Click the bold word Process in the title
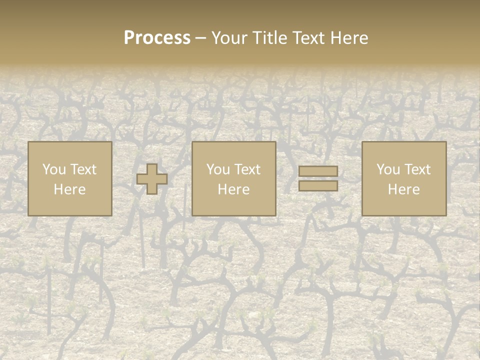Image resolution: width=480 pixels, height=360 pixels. [157, 38]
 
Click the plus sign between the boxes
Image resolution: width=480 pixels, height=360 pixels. [152, 179]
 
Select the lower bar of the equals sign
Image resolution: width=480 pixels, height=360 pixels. [318, 185]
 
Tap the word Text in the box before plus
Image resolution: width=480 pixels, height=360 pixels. [83, 169]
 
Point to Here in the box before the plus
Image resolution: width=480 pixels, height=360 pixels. [69, 189]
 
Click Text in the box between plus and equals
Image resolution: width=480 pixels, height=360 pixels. [247, 169]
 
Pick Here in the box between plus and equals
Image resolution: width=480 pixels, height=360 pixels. [233, 189]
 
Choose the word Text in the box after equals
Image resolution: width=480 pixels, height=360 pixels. [417, 169]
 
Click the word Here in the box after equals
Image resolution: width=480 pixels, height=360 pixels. [403, 189]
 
